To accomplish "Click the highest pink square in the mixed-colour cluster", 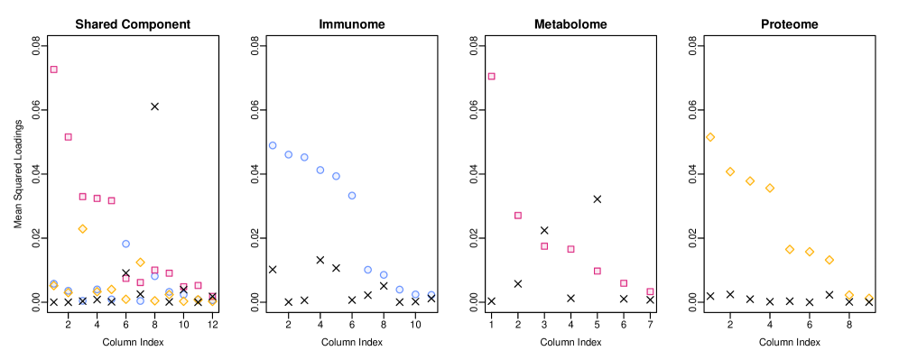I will click(53, 69).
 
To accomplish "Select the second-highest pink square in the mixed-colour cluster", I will click(68, 136).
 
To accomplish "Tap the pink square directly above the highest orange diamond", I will click(82, 196).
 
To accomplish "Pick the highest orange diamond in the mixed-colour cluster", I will click(82, 228).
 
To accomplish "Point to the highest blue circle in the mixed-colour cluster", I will click(125, 244).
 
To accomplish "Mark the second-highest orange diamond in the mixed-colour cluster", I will click(140, 262).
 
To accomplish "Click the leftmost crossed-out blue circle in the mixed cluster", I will click(82, 300).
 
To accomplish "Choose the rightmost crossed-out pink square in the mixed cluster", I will click(212, 296).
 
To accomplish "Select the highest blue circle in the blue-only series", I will click(273, 145).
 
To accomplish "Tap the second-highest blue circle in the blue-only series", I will click(289, 154).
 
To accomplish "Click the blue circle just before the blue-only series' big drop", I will click(352, 195).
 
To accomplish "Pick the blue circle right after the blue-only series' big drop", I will click(367, 270).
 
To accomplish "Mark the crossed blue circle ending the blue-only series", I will click(431, 295).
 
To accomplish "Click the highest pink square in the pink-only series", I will click(491, 76).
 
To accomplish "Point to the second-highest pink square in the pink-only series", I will click(518, 215).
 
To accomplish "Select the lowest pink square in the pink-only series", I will click(650, 291).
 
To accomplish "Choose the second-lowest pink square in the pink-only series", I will click(624, 282).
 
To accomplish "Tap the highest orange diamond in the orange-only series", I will click(710, 137).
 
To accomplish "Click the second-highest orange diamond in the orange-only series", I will click(730, 171).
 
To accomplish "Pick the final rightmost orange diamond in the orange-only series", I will click(868, 298).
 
